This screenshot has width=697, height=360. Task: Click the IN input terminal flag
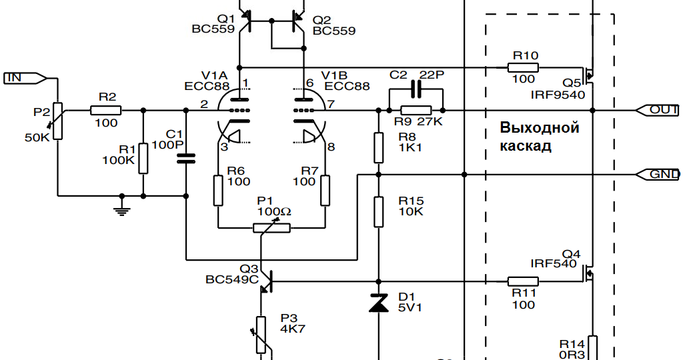click(x=24, y=78)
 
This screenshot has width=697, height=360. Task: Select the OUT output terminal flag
click(x=657, y=109)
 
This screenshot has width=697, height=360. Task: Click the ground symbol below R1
click(x=121, y=208)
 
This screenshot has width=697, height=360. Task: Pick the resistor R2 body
click(x=106, y=110)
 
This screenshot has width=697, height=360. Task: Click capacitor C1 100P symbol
click(x=185, y=158)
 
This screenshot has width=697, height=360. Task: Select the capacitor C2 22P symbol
click(x=416, y=89)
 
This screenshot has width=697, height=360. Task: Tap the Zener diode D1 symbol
click(x=378, y=304)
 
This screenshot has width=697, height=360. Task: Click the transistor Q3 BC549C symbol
click(x=265, y=281)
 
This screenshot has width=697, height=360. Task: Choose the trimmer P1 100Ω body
click(x=271, y=227)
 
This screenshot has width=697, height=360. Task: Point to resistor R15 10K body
click(x=378, y=211)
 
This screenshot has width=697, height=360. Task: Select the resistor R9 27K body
click(x=416, y=110)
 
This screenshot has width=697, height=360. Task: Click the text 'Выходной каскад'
click(x=539, y=137)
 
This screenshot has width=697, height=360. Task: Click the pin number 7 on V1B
click(x=331, y=104)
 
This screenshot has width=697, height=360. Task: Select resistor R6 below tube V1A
click(x=217, y=190)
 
